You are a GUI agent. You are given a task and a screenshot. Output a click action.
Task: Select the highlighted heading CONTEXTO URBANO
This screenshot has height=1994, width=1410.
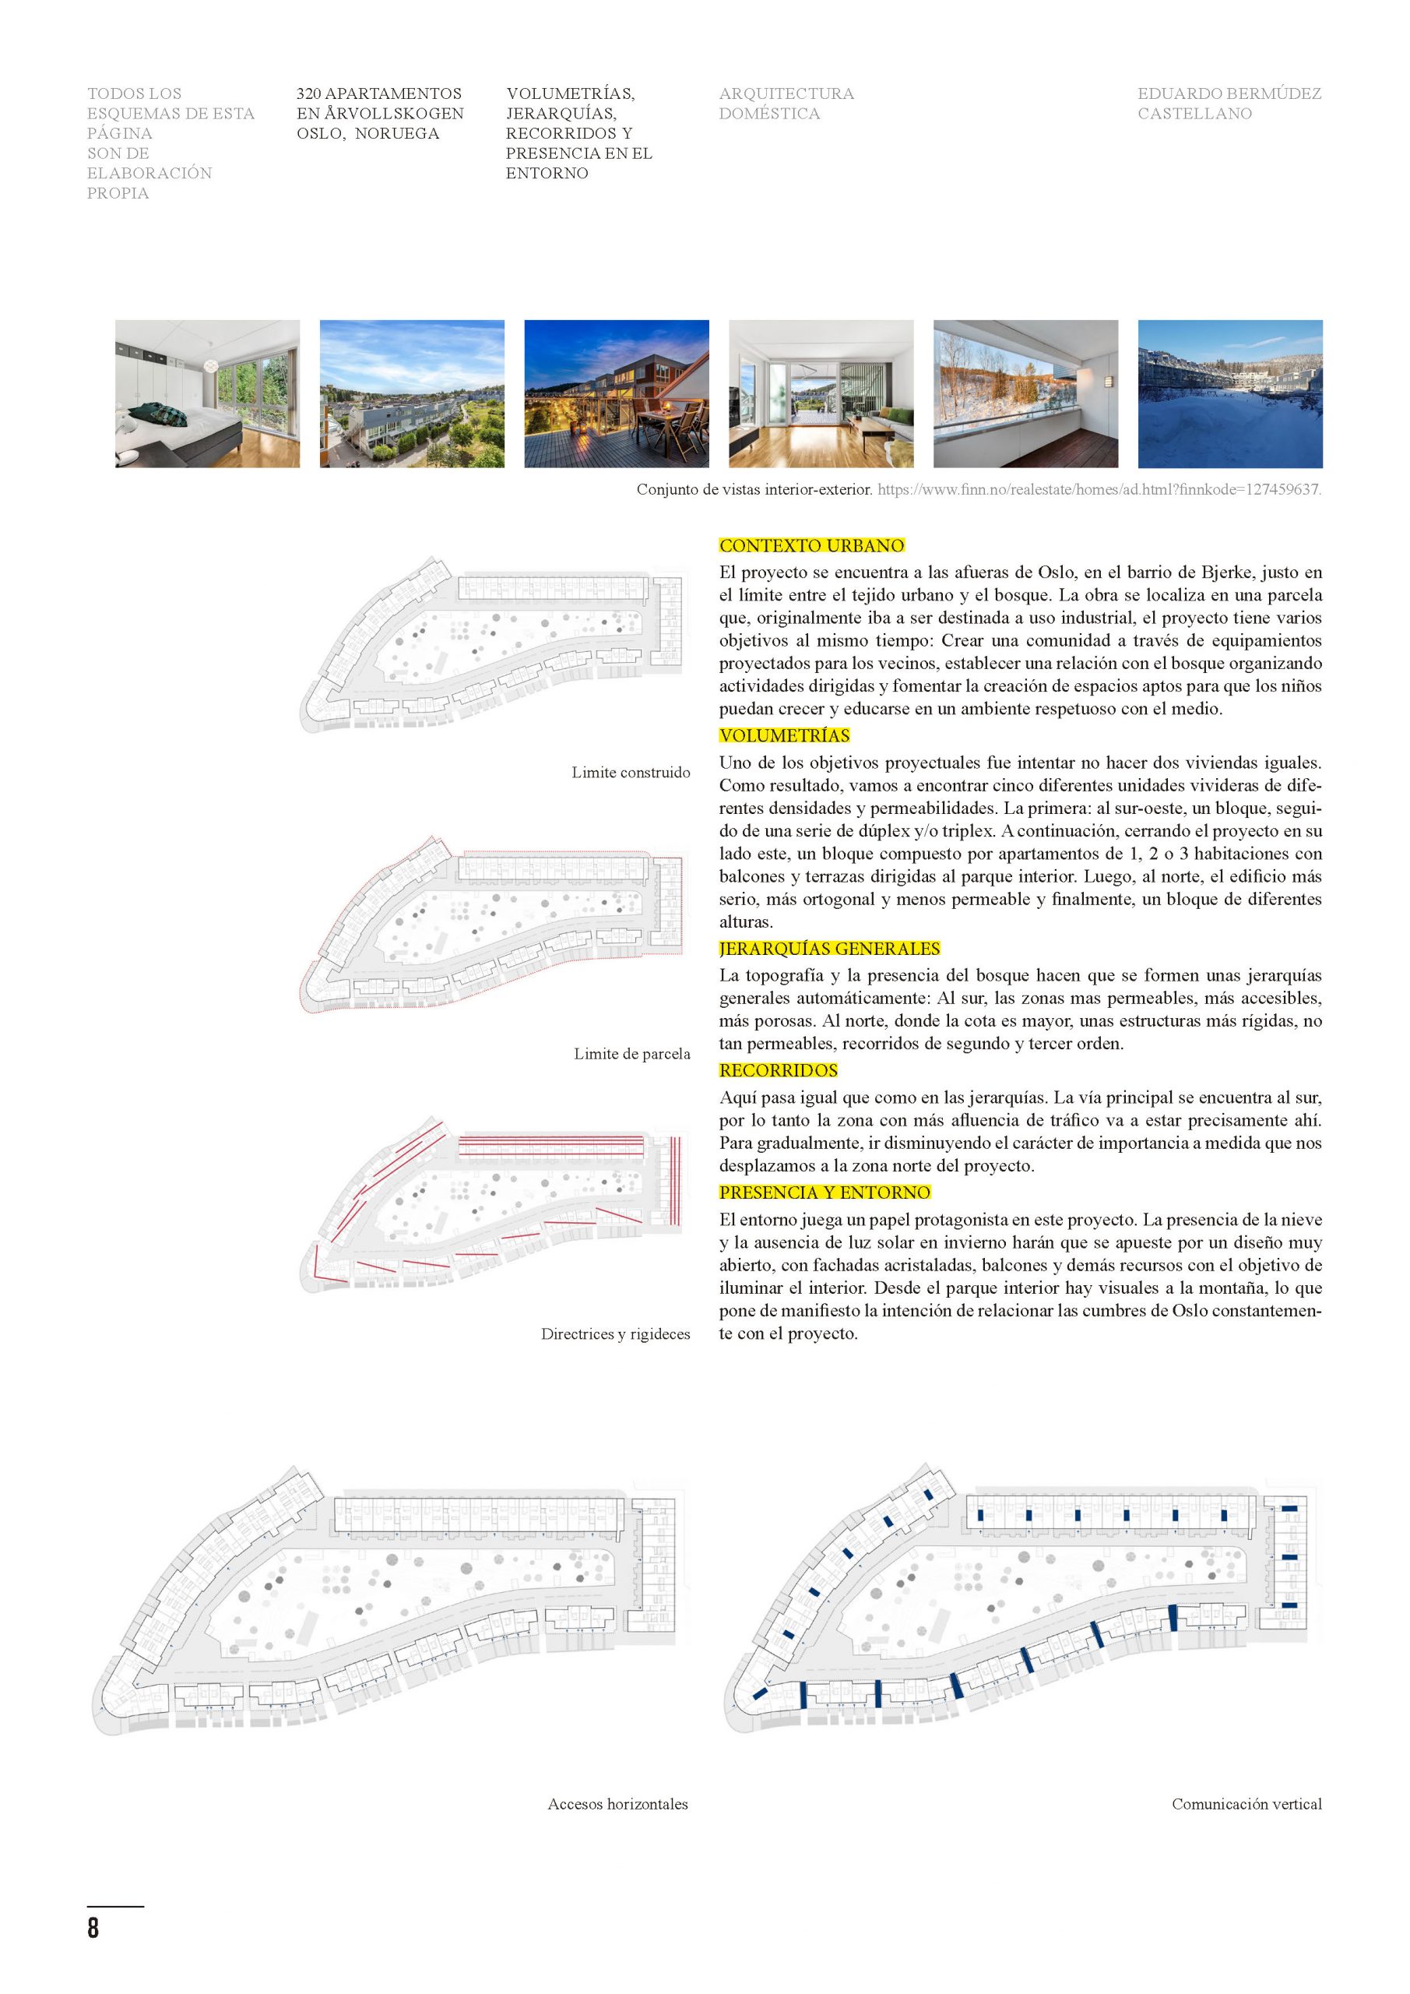(812, 545)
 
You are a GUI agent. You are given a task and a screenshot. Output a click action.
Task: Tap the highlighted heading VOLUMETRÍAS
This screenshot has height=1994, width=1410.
(784, 735)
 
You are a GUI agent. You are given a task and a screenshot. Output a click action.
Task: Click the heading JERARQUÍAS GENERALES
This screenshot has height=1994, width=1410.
(829, 949)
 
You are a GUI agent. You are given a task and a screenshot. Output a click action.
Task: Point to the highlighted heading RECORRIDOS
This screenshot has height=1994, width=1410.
(778, 1070)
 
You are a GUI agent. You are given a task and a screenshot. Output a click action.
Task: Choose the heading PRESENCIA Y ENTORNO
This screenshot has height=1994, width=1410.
(824, 1193)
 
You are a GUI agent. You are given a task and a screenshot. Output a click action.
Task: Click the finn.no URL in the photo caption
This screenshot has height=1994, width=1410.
(1099, 490)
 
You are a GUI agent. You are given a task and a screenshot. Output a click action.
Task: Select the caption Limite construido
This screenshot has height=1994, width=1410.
(631, 772)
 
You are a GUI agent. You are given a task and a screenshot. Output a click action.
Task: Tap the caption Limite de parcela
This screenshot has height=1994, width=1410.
(631, 1053)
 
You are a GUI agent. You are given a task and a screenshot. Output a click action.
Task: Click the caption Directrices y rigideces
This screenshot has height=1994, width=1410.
(615, 1334)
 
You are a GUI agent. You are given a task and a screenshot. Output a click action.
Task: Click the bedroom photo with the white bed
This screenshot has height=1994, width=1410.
(208, 393)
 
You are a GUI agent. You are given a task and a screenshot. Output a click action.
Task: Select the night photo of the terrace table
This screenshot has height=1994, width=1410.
(617, 393)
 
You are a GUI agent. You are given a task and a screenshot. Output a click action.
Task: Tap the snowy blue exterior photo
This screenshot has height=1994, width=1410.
(1230, 393)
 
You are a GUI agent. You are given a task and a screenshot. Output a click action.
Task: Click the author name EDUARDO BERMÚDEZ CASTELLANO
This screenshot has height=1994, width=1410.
(1229, 104)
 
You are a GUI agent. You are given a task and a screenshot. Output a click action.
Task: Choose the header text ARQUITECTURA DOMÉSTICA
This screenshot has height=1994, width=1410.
(786, 104)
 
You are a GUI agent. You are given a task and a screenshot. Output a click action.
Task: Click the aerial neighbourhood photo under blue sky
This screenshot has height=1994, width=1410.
(412, 393)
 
